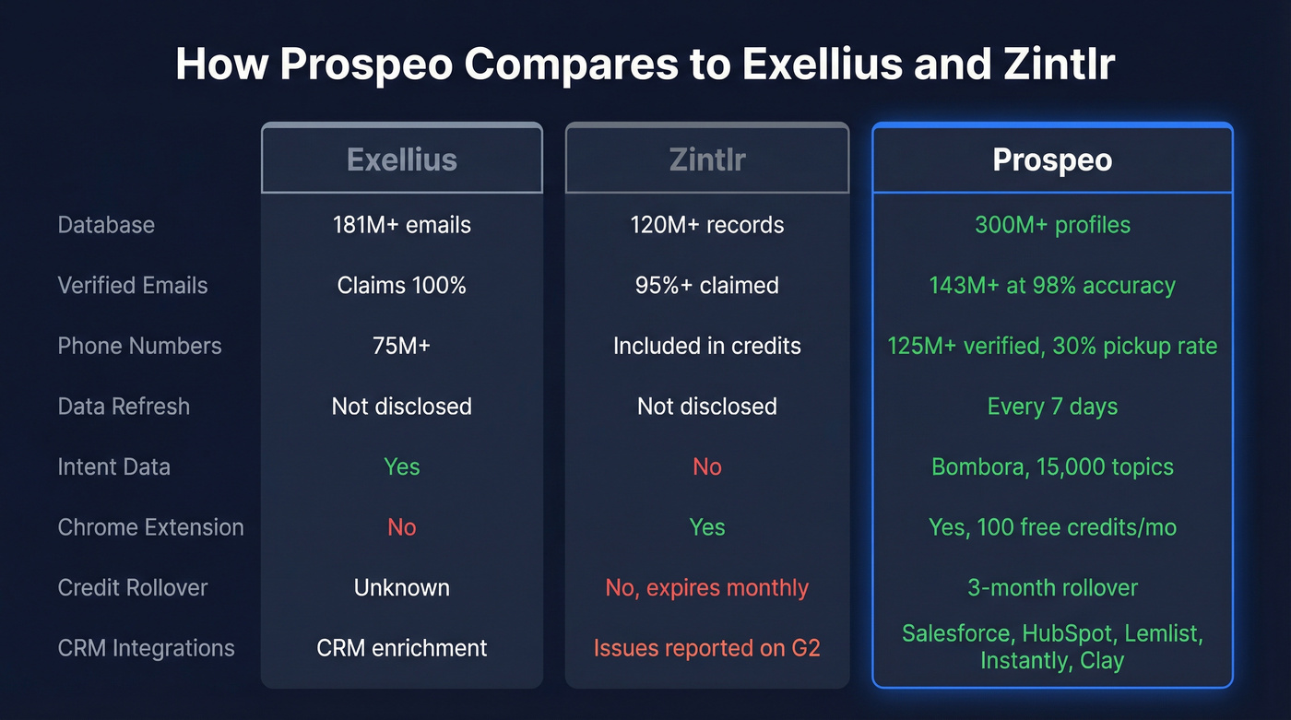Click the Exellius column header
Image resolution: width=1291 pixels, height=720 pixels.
(402, 159)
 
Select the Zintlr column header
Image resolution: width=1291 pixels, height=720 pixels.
(706, 159)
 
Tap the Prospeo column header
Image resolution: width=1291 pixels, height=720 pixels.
(1052, 159)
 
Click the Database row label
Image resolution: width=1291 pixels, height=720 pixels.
(106, 225)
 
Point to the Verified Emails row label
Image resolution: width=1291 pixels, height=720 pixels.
(133, 286)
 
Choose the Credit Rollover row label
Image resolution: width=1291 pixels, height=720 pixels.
(133, 588)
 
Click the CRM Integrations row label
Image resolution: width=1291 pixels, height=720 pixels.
(146, 648)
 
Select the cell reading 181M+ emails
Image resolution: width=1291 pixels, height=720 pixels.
(402, 225)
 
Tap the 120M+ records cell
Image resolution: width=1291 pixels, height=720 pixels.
(706, 225)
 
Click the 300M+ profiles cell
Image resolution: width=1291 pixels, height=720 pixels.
(1052, 225)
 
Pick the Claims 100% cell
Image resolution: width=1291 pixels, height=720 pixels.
(402, 286)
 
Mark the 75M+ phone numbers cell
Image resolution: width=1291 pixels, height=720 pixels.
(402, 346)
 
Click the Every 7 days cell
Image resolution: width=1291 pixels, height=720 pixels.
(1052, 407)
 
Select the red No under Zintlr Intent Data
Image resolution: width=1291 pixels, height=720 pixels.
(706, 467)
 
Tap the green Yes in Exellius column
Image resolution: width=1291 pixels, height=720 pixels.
(402, 467)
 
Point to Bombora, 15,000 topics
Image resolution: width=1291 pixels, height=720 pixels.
(1052, 467)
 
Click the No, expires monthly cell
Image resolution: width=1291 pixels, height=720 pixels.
(706, 588)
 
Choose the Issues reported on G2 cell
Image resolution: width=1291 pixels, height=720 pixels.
(706, 648)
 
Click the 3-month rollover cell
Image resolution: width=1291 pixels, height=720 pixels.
(1052, 588)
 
